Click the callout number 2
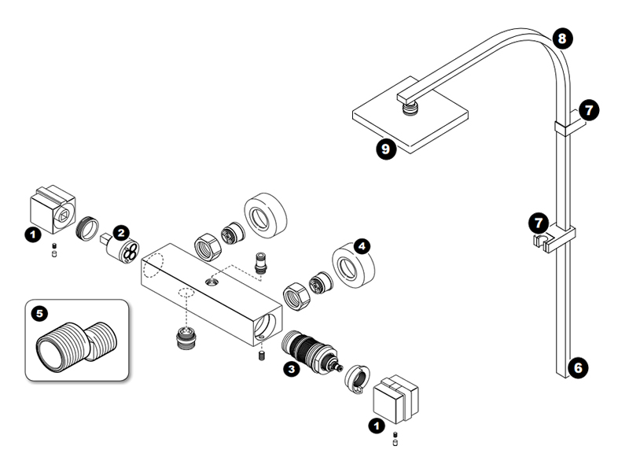pyautogui.click(x=120, y=232)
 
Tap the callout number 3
pyautogui.click(x=291, y=367)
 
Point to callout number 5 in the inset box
pyautogui.click(x=40, y=313)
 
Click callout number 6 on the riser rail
pyautogui.click(x=579, y=367)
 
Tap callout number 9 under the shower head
pyautogui.click(x=384, y=149)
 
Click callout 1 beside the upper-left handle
pyautogui.click(x=32, y=234)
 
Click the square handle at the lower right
pyautogui.click(x=396, y=396)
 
